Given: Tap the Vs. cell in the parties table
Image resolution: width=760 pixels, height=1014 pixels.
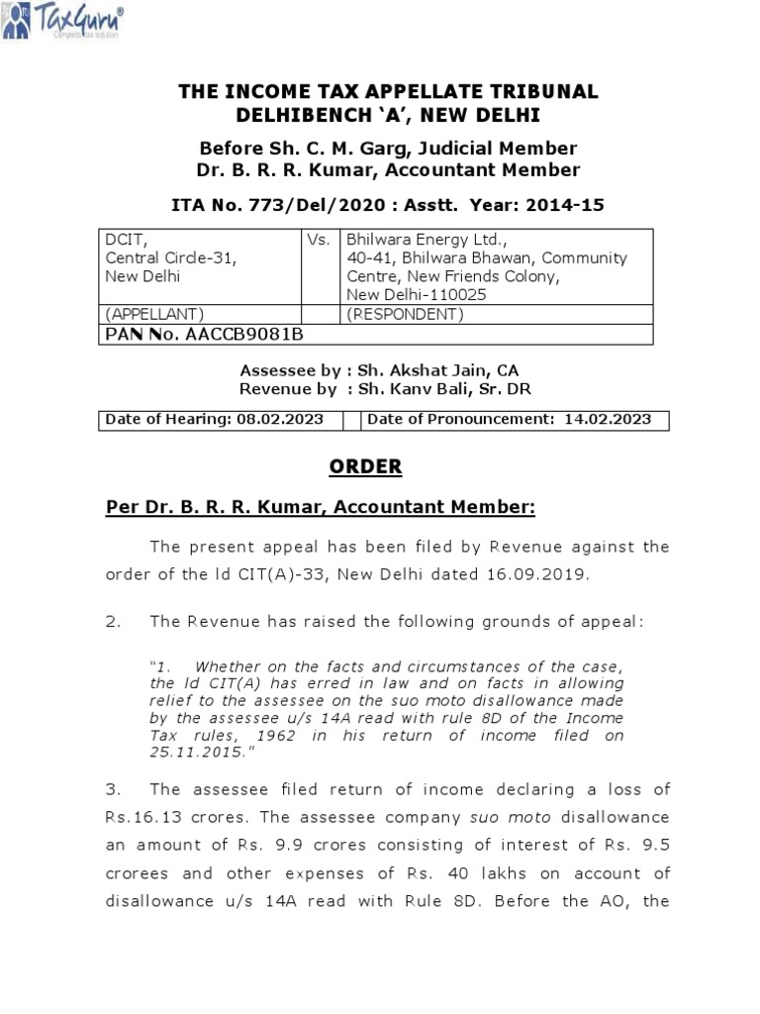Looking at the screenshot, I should click(x=319, y=239).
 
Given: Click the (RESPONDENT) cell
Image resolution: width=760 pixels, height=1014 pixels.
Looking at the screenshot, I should click(x=404, y=314).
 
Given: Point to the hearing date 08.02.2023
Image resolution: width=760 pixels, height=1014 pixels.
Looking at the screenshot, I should click(x=280, y=419).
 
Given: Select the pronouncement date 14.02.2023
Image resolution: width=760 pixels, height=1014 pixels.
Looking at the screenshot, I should click(x=608, y=419).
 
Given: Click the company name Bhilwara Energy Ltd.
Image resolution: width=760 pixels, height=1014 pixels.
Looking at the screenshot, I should click(x=426, y=239).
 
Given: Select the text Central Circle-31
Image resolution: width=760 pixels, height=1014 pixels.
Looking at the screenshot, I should click(x=171, y=257).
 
